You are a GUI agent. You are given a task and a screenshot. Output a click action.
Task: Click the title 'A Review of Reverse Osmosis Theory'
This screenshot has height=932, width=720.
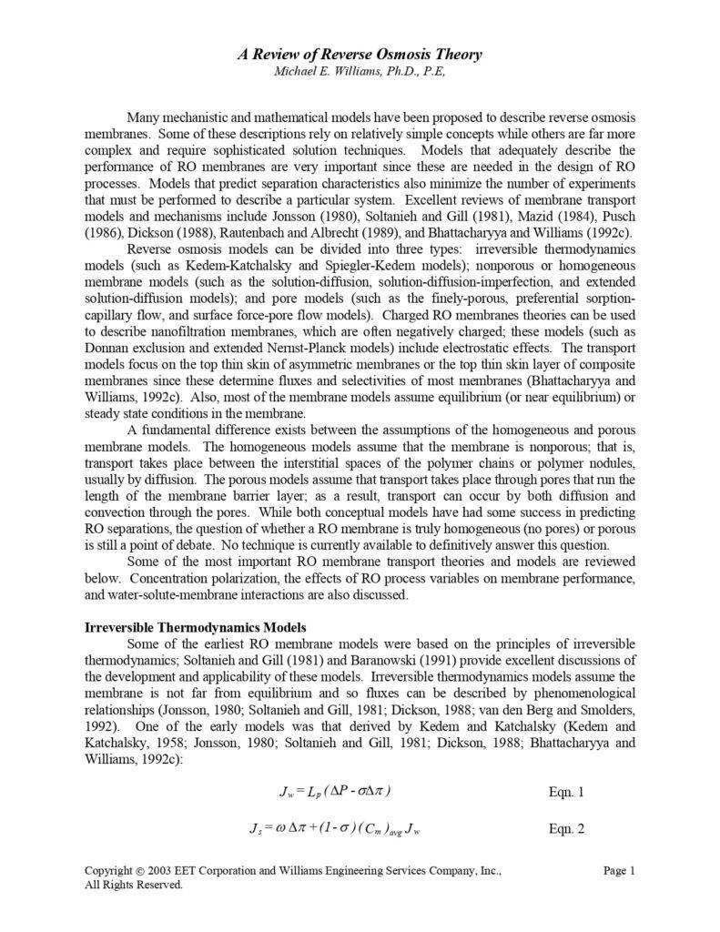(x=360, y=56)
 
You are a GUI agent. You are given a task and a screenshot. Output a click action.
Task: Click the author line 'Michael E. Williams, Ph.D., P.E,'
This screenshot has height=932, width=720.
(x=360, y=72)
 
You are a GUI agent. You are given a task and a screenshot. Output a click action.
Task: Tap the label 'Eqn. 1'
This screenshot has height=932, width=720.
(x=567, y=792)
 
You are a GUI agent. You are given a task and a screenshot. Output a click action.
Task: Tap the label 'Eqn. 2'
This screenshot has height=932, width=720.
(x=567, y=830)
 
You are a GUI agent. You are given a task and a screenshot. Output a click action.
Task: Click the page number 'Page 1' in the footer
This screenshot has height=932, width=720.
(x=618, y=871)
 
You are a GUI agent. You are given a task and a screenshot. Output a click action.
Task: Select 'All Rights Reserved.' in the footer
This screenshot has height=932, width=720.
(x=134, y=885)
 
